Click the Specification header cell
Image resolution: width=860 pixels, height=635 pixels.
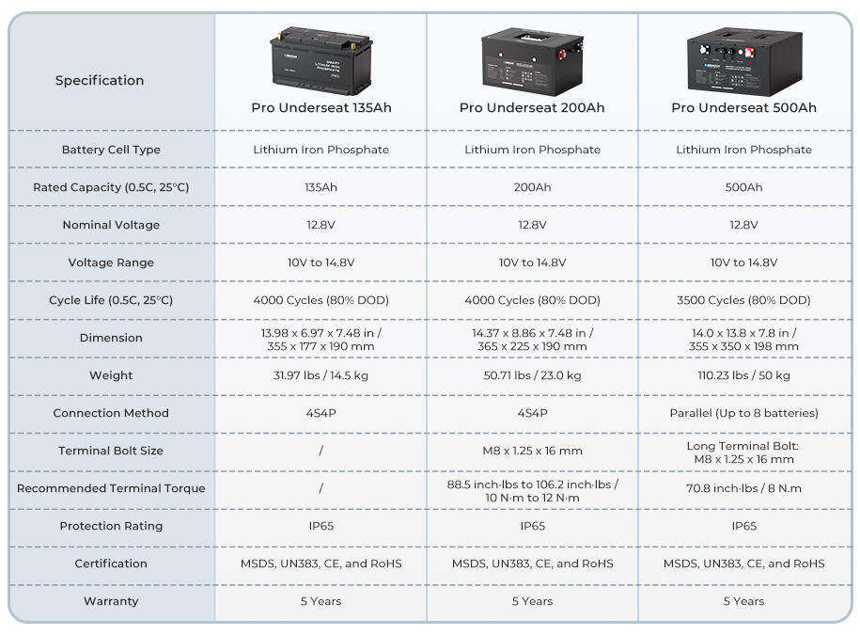point(100,80)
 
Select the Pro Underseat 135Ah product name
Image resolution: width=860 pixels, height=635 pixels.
point(321,107)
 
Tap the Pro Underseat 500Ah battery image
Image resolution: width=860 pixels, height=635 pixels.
point(744,61)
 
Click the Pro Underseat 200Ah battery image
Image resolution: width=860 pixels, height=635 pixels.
point(532,61)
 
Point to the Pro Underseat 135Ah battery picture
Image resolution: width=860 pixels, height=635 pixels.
point(321,60)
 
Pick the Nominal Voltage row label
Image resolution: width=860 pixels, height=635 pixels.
point(111,225)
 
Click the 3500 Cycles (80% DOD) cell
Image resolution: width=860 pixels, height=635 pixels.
point(743,300)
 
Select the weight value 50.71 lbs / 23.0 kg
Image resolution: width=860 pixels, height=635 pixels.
point(532,375)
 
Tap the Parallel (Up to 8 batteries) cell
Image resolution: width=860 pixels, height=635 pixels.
point(743,413)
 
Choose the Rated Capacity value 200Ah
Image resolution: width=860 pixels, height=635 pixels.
point(532,187)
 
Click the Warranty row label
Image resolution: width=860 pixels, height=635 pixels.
point(111,601)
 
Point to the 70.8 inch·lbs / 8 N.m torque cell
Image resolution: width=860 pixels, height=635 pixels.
point(743,488)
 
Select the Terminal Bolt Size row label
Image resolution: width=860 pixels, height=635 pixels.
point(111,451)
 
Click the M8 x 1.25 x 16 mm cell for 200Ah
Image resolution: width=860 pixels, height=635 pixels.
point(532,451)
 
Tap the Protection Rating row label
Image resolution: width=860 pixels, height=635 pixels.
point(111,526)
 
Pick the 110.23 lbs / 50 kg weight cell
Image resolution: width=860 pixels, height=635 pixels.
point(743,375)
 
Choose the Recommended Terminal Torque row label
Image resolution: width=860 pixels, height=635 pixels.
point(111,488)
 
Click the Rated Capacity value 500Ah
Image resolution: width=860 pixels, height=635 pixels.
point(743,187)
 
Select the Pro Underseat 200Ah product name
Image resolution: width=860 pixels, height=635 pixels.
point(532,107)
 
